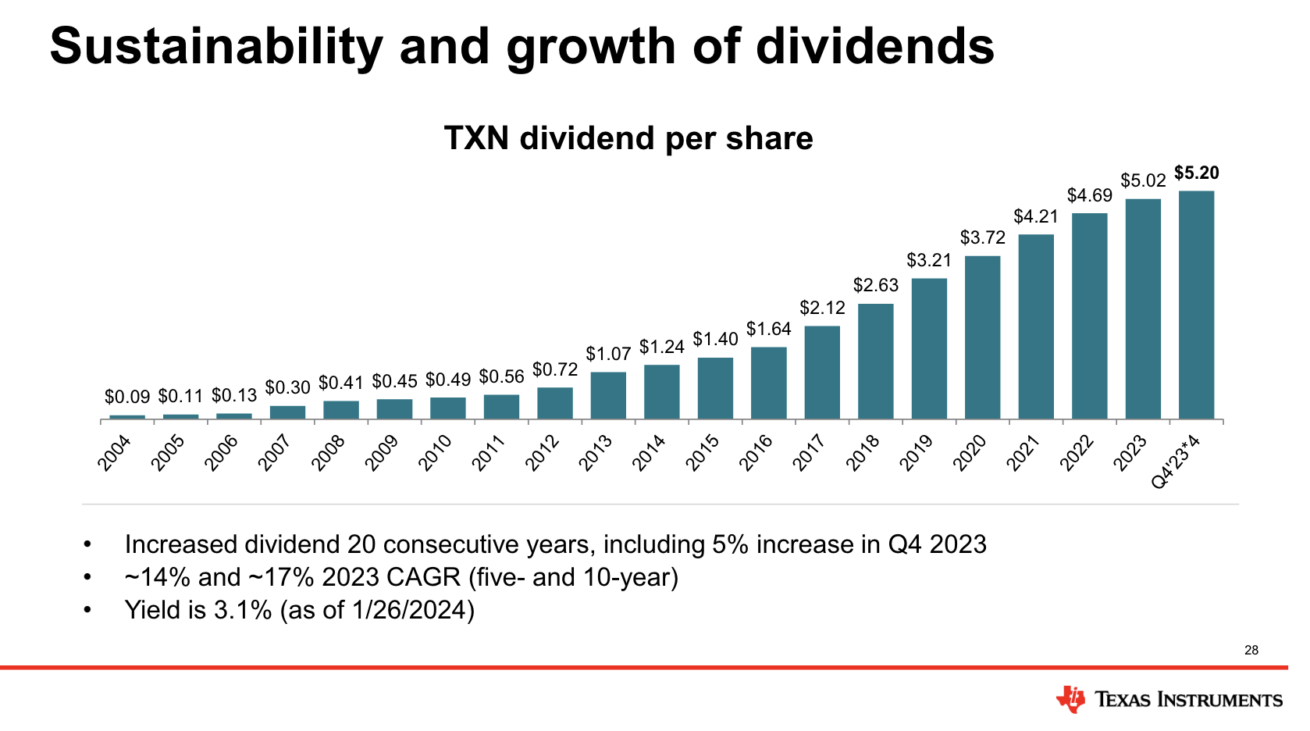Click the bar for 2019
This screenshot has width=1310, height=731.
click(929, 348)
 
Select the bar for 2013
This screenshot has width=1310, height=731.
click(608, 395)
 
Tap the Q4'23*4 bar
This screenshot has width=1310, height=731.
click(1196, 305)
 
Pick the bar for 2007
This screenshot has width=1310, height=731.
click(287, 412)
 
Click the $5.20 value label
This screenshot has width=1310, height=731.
click(1196, 173)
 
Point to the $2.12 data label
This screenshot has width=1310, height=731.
click(822, 308)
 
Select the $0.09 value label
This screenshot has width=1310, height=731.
click(127, 398)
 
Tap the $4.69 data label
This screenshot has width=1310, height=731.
click(1089, 195)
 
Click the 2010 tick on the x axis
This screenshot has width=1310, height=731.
click(435, 454)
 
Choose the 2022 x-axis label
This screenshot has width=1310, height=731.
click(1077, 454)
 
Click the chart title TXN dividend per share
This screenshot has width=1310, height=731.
click(628, 138)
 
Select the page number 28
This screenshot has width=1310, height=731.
click(1251, 650)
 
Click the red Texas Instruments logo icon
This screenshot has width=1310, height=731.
click(1070, 699)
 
